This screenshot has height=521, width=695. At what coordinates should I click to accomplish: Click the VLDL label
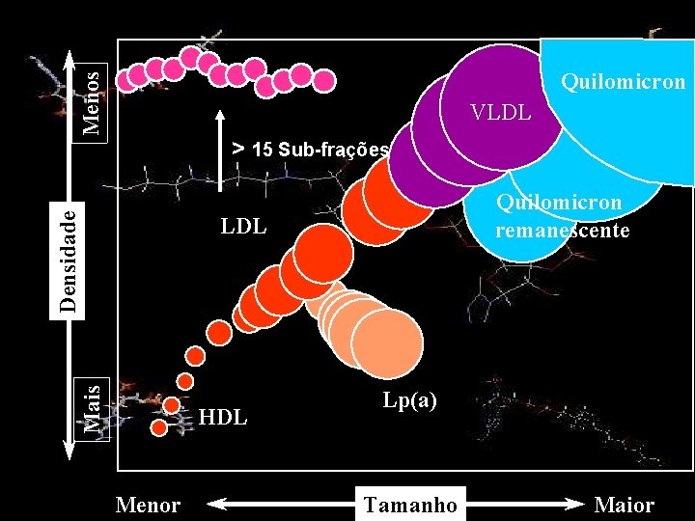tap(500, 113)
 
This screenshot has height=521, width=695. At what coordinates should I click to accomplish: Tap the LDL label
tap(243, 228)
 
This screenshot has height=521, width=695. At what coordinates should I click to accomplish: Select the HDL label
tap(223, 418)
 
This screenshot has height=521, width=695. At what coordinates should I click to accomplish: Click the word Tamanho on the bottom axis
tap(410, 504)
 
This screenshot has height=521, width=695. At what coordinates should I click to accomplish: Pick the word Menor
tap(148, 505)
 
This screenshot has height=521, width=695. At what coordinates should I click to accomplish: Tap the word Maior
tap(625, 505)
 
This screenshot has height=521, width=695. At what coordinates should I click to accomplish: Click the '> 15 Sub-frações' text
tap(310, 150)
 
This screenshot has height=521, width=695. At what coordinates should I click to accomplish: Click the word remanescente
tap(562, 231)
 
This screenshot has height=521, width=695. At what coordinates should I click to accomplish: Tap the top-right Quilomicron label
tap(623, 82)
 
